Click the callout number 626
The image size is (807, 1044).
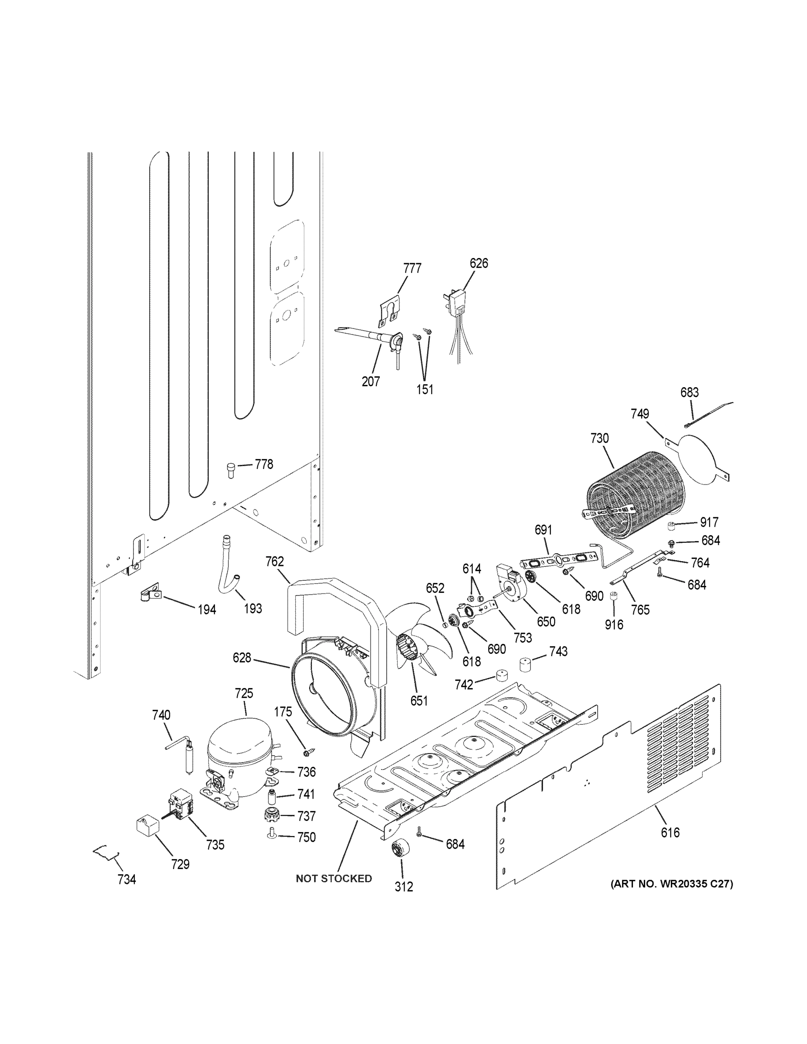tap(479, 263)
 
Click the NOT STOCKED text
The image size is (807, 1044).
tap(334, 879)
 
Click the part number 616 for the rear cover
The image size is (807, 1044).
tap(670, 833)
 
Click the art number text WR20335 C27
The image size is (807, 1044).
tap(671, 884)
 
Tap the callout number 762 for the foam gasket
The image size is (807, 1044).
tap(275, 562)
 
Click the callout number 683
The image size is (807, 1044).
tap(690, 392)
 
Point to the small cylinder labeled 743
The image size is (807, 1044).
tap(526, 664)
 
